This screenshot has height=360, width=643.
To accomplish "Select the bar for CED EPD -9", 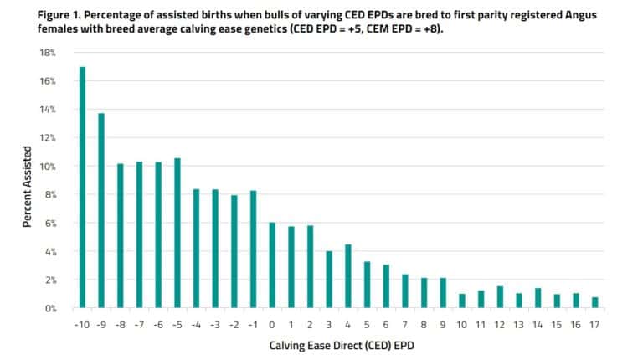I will click(x=101, y=210).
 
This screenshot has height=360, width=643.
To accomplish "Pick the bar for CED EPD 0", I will click(x=271, y=265).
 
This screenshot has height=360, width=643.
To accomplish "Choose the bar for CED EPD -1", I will click(x=253, y=249).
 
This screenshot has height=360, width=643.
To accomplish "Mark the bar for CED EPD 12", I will click(x=499, y=296).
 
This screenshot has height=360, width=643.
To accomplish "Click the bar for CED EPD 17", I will click(x=594, y=302).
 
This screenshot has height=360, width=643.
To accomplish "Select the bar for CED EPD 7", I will click(x=404, y=291).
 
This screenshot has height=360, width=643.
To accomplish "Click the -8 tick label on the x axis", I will click(x=120, y=322).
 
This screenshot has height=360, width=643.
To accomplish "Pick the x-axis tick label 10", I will click(x=460, y=322).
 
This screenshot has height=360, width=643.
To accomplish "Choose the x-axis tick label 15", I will click(x=556, y=322).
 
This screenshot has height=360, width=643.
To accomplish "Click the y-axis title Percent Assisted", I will click(x=27, y=180).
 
